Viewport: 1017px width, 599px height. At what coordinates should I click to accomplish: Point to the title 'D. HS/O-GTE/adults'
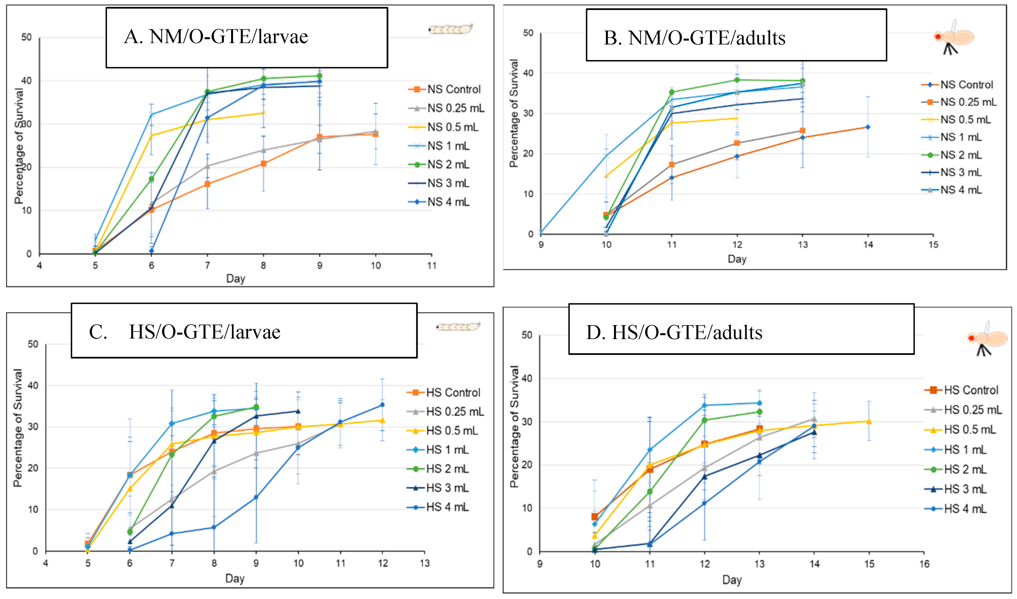click(x=674, y=333)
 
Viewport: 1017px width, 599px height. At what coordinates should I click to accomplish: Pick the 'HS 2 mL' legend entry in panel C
click(x=447, y=469)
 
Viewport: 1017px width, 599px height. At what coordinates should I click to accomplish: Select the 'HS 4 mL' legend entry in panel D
click(x=965, y=509)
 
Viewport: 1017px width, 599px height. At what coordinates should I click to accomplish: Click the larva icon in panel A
click(x=450, y=29)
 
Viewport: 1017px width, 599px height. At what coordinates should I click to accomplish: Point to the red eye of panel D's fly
click(x=971, y=338)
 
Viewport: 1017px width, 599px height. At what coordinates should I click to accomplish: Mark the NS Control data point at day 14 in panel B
click(x=868, y=127)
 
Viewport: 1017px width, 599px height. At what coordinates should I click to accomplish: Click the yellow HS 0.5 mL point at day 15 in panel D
click(x=869, y=421)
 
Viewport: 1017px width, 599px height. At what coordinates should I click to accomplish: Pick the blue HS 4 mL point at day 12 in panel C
click(x=382, y=405)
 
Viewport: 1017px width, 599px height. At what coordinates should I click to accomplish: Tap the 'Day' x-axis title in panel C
click(x=235, y=579)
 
